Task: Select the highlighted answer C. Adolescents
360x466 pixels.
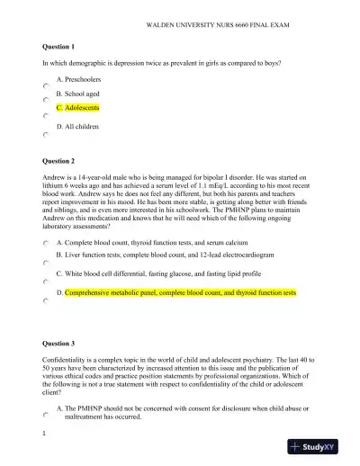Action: tap(76, 107)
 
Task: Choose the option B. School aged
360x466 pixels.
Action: tap(77, 93)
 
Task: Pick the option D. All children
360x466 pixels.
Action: tap(77, 127)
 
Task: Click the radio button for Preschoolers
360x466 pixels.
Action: tap(46, 85)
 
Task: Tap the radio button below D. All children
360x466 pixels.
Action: tap(46, 134)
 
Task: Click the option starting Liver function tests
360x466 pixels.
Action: tap(171, 255)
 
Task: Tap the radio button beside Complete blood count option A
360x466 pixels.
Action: tap(46, 243)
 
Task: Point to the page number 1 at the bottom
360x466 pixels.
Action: tap(43, 434)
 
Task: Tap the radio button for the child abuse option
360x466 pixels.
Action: tap(46, 415)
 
